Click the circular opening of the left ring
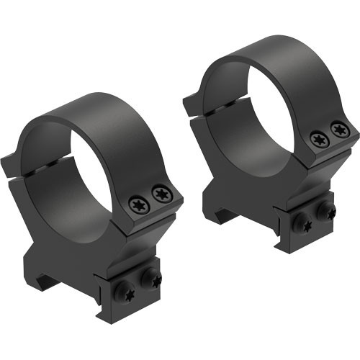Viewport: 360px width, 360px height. (x=72, y=173)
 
